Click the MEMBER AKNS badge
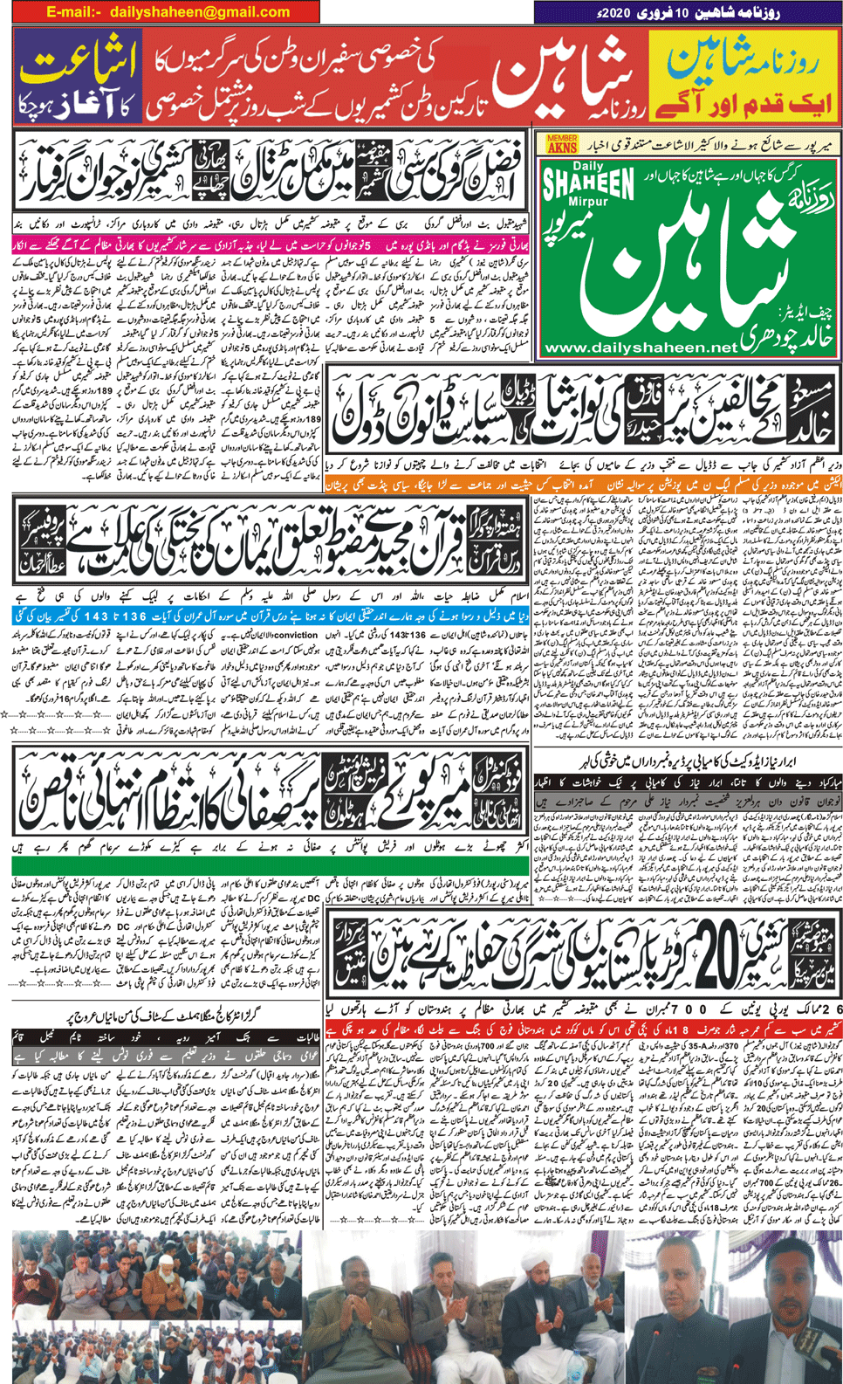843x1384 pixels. pyautogui.click(x=561, y=144)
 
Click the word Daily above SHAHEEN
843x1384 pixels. pyautogui.click(x=588, y=166)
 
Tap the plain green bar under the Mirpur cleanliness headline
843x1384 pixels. pyautogui.click(x=271, y=865)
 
